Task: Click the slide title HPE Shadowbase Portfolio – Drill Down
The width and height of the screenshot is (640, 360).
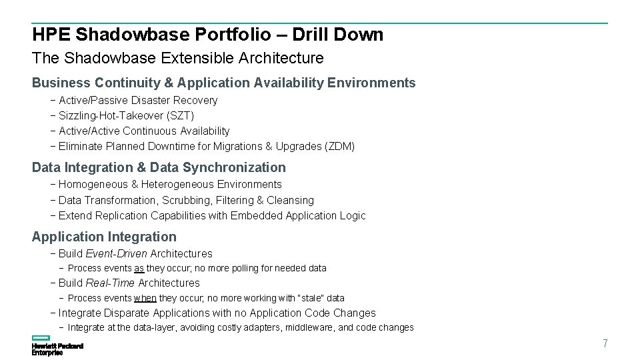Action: click(x=207, y=35)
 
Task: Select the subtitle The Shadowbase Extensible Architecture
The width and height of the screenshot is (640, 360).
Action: click(x=177, y=58)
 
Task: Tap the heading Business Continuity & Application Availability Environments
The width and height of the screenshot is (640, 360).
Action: click(x=223, y=83)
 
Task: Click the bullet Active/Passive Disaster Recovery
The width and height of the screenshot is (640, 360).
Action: click(x=138, y=101)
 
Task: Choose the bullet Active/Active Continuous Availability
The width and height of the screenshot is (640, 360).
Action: click(x=144, y=131)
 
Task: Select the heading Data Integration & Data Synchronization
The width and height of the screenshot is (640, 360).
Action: click(x=159, y=168)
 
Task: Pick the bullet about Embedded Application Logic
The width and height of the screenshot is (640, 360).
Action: click(x=212, y=216)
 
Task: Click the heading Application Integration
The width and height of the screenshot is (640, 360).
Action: click(x=104, y=237)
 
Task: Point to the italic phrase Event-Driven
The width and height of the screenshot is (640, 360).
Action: click(x=116, y=254)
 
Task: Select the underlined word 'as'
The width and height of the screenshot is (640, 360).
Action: click(x=139, y=269)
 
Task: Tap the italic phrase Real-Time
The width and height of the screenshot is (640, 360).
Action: click(x=110, y=283)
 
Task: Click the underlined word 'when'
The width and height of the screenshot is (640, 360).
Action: click(x=145, y=299)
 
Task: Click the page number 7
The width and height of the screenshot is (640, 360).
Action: click(x=605, y=344)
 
